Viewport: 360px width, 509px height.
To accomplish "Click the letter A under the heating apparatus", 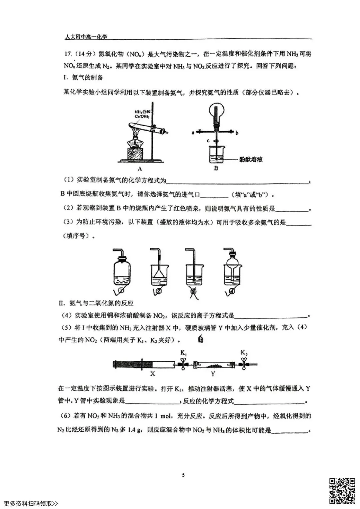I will tap(140, 169).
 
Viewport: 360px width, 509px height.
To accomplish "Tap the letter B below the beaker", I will tap(216, 169).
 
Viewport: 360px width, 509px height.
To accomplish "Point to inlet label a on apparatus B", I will tap(193, 133).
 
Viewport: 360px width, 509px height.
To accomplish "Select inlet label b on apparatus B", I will tap(237, 133).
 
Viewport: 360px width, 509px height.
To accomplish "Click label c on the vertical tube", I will tap(208, 141).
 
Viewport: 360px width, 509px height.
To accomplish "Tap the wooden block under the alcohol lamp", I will tap(135, 154).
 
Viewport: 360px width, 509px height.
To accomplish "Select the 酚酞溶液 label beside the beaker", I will tap(251, 160).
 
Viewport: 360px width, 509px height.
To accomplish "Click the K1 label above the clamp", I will tap(184, 353).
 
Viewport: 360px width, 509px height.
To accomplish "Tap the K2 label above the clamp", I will tap(244, 353).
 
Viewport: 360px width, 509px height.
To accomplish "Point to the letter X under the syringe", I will tap(152, 374).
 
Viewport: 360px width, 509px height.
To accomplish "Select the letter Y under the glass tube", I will tap(213, 374).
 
